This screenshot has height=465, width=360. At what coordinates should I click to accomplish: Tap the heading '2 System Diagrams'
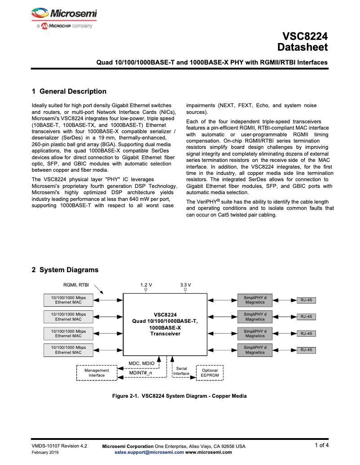coord(65,270)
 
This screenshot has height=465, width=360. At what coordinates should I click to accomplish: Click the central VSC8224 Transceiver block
coord(165,324)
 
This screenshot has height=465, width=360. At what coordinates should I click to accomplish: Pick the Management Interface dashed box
coord(97,373)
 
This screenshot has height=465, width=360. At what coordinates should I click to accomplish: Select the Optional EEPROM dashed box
coord(210,373)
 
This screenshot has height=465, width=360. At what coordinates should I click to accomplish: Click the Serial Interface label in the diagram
coord(181,371)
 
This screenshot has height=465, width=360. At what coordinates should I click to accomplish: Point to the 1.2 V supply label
coord(146,285)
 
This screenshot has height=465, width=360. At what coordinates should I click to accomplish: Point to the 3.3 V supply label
coord(185,285)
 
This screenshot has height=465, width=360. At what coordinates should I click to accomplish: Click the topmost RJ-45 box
coord(306,300)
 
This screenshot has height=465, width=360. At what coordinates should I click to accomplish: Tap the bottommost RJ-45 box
coord(306,350)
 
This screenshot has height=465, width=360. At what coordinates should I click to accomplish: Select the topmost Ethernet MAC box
coord(68,300)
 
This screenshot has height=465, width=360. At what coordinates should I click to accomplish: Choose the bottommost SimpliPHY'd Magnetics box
coord(255,350)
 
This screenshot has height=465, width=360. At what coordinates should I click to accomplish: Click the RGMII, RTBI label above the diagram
coord(76,284)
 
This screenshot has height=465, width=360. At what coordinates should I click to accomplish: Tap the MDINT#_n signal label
coord(140,373)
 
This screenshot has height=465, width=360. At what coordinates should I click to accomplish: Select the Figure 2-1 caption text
coord(179,396)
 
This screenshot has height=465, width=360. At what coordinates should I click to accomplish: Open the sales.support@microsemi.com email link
coord(149,452)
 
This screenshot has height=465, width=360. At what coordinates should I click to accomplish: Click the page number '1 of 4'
coord(321,445)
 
